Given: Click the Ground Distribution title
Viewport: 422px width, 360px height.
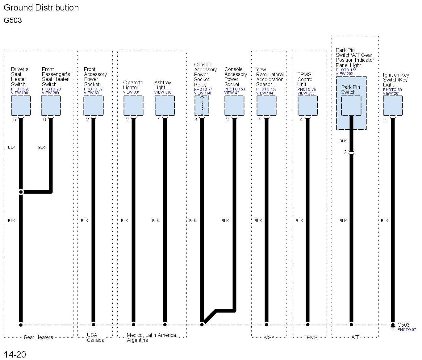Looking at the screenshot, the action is [41, 8].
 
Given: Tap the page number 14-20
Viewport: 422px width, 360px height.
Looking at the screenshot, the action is [15, 354].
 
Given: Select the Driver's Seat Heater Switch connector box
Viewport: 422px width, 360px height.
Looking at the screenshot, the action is [21, 106].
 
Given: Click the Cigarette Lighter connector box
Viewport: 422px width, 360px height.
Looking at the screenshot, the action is [133, 106].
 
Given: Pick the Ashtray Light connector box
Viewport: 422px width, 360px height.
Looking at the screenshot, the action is [165, 106].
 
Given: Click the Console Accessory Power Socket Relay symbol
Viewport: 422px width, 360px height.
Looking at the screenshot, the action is [202, 106].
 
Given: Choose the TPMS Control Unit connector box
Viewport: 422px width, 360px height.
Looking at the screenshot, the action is [307, 106].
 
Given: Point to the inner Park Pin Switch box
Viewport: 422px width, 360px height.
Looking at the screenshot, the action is [351, 106].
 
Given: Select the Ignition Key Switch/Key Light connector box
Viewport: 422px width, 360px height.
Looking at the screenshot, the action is [393, 106].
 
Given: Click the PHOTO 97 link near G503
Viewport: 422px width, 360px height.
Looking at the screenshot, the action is [407, 330].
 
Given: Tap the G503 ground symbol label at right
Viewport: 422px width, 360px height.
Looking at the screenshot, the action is [403, 325].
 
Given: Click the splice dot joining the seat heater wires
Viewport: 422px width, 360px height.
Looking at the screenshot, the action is [21, 192].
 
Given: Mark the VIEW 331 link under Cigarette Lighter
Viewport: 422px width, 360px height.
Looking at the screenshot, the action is [131, 92].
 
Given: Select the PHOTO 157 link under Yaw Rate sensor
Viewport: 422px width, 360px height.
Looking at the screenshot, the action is [266, 89].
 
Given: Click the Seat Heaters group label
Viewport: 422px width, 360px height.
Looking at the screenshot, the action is [38, 337].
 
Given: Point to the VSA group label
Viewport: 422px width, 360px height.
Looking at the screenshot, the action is [269, 337].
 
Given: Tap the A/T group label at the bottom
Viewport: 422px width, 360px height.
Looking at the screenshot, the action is [355, 337].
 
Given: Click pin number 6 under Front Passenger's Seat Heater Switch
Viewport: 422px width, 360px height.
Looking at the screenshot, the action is [44, 120].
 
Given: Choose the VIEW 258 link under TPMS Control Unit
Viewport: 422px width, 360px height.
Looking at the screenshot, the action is [306, 93].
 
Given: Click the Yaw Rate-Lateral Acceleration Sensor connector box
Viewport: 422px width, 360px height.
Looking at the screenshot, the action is [266, 106].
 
